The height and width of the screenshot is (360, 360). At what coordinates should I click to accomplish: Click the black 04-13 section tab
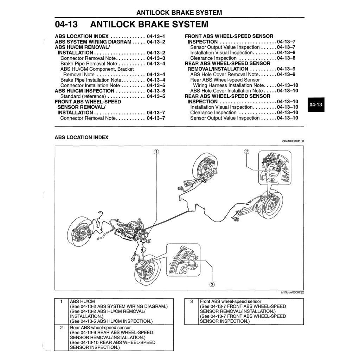[316, 105]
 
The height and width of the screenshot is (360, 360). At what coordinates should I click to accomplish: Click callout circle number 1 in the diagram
[156, 152]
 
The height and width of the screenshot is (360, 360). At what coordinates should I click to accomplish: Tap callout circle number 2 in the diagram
[246, 152]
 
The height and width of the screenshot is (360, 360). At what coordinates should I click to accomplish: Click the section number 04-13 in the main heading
[66, 24]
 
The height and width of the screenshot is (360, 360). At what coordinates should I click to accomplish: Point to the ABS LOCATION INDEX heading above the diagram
[81, 137]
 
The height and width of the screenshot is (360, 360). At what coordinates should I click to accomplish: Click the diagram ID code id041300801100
[292, 141]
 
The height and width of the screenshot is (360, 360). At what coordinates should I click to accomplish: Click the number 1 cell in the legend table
[62, 302]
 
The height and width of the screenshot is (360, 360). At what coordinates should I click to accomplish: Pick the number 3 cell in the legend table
[192, 302]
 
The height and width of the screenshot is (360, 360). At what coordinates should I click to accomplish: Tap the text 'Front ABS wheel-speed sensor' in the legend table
[230, 302]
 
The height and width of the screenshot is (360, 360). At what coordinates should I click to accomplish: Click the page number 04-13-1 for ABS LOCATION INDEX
[156, 36]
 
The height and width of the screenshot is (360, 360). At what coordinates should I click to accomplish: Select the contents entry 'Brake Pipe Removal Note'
[89, 64]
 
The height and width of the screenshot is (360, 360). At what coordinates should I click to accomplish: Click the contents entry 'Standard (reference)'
[83, 96]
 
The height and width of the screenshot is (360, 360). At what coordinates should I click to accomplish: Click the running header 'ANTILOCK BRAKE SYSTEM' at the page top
[179, 13]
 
